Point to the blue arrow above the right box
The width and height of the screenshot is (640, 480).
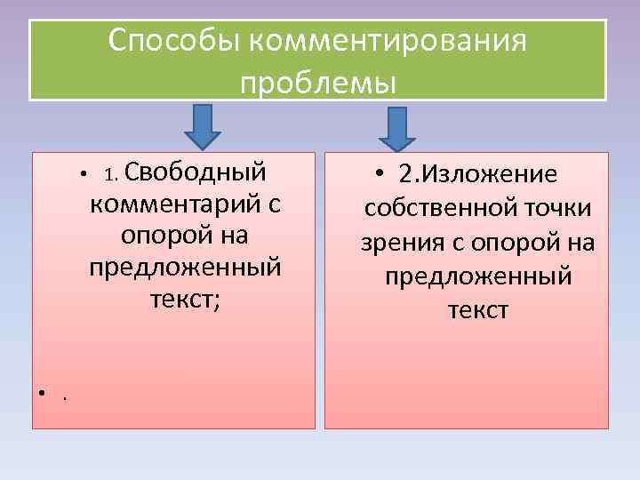coord(397,130)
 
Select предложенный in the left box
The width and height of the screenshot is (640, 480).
coord(185,268)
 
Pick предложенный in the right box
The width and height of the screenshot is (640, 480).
coord(478,276)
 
